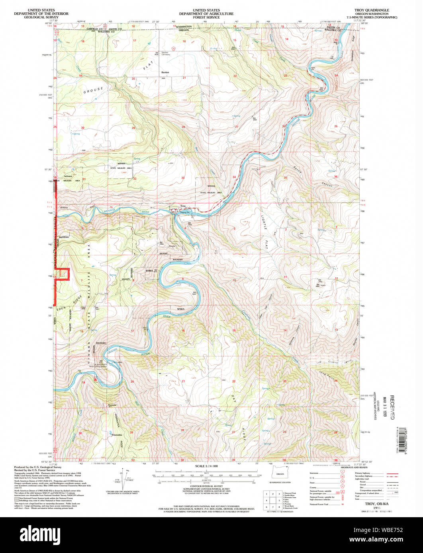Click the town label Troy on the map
183,206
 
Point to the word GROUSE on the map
93,90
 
